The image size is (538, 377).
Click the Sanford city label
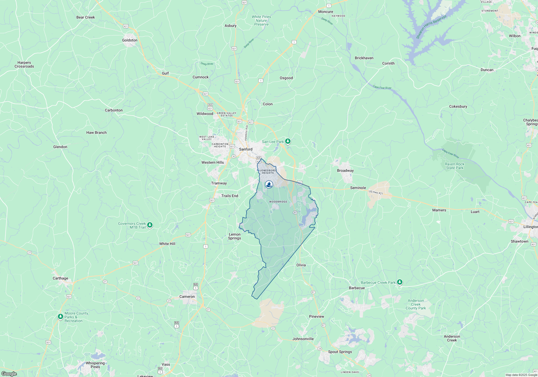(x=246, y=149)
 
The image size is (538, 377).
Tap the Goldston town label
(x=130, y=40)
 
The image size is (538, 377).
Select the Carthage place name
(x=60, y=278)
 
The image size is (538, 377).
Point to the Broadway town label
(x=345, y=170)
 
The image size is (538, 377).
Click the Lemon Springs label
(x=235, y=236)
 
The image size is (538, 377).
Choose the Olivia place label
(x=301, y=265)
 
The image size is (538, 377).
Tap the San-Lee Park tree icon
(x=288, y=141)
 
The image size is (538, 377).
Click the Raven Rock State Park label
(x=454, y=166)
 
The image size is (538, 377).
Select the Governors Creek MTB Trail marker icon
(x=150, y=225)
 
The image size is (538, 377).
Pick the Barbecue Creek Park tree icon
(x=400, y=282)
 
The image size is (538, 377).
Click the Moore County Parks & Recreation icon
(x=61, y=316)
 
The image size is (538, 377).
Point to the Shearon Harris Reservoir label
(x=431, y=27)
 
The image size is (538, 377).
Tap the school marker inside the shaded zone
(x=269, y=184)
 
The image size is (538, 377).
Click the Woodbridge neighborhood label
(x=278, y=202)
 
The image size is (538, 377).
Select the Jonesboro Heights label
(x=268, y=172)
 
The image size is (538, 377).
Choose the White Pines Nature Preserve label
(x=261, y=20)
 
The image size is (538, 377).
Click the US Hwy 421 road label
(x=376, y=192)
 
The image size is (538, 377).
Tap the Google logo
(x=9, y=373)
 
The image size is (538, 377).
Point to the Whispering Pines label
(x=95, y=365)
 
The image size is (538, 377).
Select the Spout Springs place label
(x=340, y=352)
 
